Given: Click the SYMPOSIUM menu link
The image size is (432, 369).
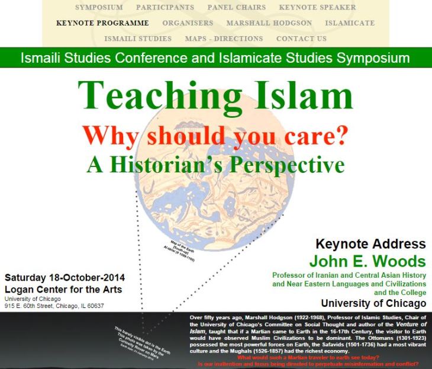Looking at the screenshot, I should click(x=99, y=8).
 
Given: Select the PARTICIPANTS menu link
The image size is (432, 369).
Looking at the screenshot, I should click(x=165, y=8).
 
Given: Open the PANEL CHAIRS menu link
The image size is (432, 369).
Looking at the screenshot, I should click(x=236, y=8).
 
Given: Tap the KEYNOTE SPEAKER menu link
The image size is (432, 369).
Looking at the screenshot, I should click(x=317, y=8).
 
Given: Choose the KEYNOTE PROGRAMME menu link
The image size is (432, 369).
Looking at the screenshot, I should click(x=102, y=23).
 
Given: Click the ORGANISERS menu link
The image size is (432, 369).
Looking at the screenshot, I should click(x=188, y=23).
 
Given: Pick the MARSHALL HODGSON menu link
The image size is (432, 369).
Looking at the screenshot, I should click(x=269, y=23).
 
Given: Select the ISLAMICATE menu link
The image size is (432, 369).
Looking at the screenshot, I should click(x=350, y=23).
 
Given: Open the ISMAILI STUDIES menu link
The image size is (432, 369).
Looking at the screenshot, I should click(x=138, y=38).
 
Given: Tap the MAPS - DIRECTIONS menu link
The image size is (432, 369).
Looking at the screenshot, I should click(x=224, y=38).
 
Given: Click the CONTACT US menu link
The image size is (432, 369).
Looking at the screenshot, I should click(x=301, y=38).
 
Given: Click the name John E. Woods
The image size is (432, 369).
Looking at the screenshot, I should click(x=367, y=261).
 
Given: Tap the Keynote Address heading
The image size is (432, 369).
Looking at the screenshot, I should click(x=370, y=244).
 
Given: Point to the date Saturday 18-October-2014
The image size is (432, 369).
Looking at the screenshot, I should click(x=65, y=277).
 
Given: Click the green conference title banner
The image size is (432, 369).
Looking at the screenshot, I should click(x=215, y=58).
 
